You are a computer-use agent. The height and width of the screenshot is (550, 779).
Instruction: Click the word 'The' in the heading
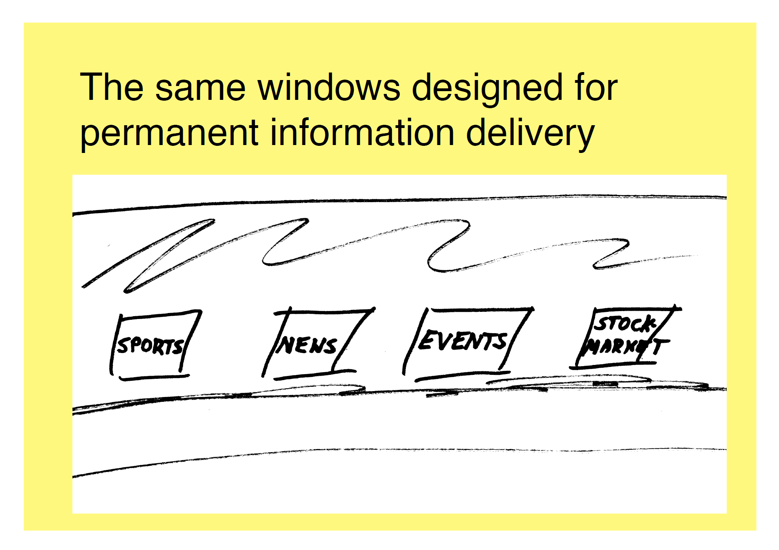112,88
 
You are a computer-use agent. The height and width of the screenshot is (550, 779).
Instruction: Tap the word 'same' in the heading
200,88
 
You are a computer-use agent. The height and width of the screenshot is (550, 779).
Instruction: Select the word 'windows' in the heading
329,88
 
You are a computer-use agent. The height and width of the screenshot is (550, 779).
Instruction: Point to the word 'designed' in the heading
487,88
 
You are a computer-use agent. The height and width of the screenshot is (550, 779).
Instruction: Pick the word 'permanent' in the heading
169,133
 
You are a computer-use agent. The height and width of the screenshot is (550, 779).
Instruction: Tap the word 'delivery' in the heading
530,133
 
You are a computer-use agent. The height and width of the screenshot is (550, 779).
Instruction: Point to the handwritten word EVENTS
463,341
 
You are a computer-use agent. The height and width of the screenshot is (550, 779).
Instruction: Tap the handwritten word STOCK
625,324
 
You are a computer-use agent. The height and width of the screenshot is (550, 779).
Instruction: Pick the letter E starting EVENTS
426,340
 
